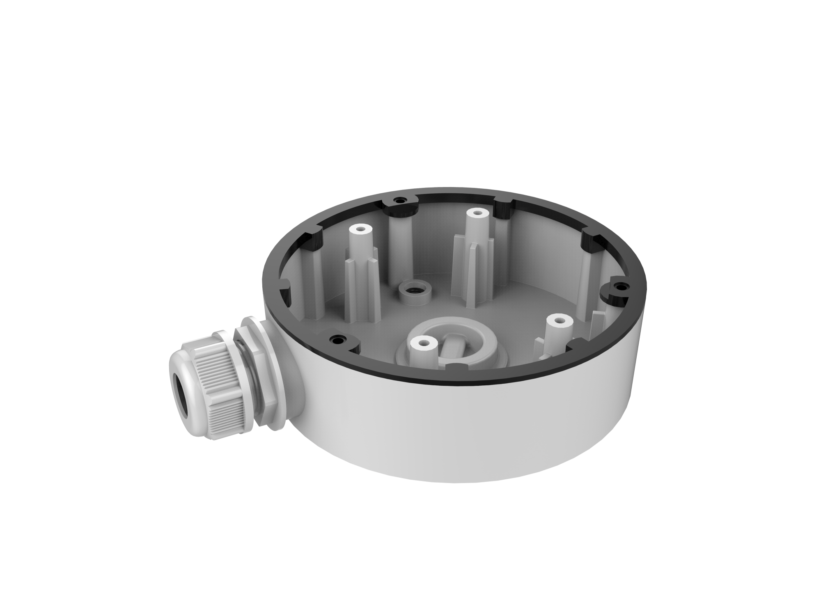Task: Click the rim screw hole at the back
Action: point(399,200)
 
